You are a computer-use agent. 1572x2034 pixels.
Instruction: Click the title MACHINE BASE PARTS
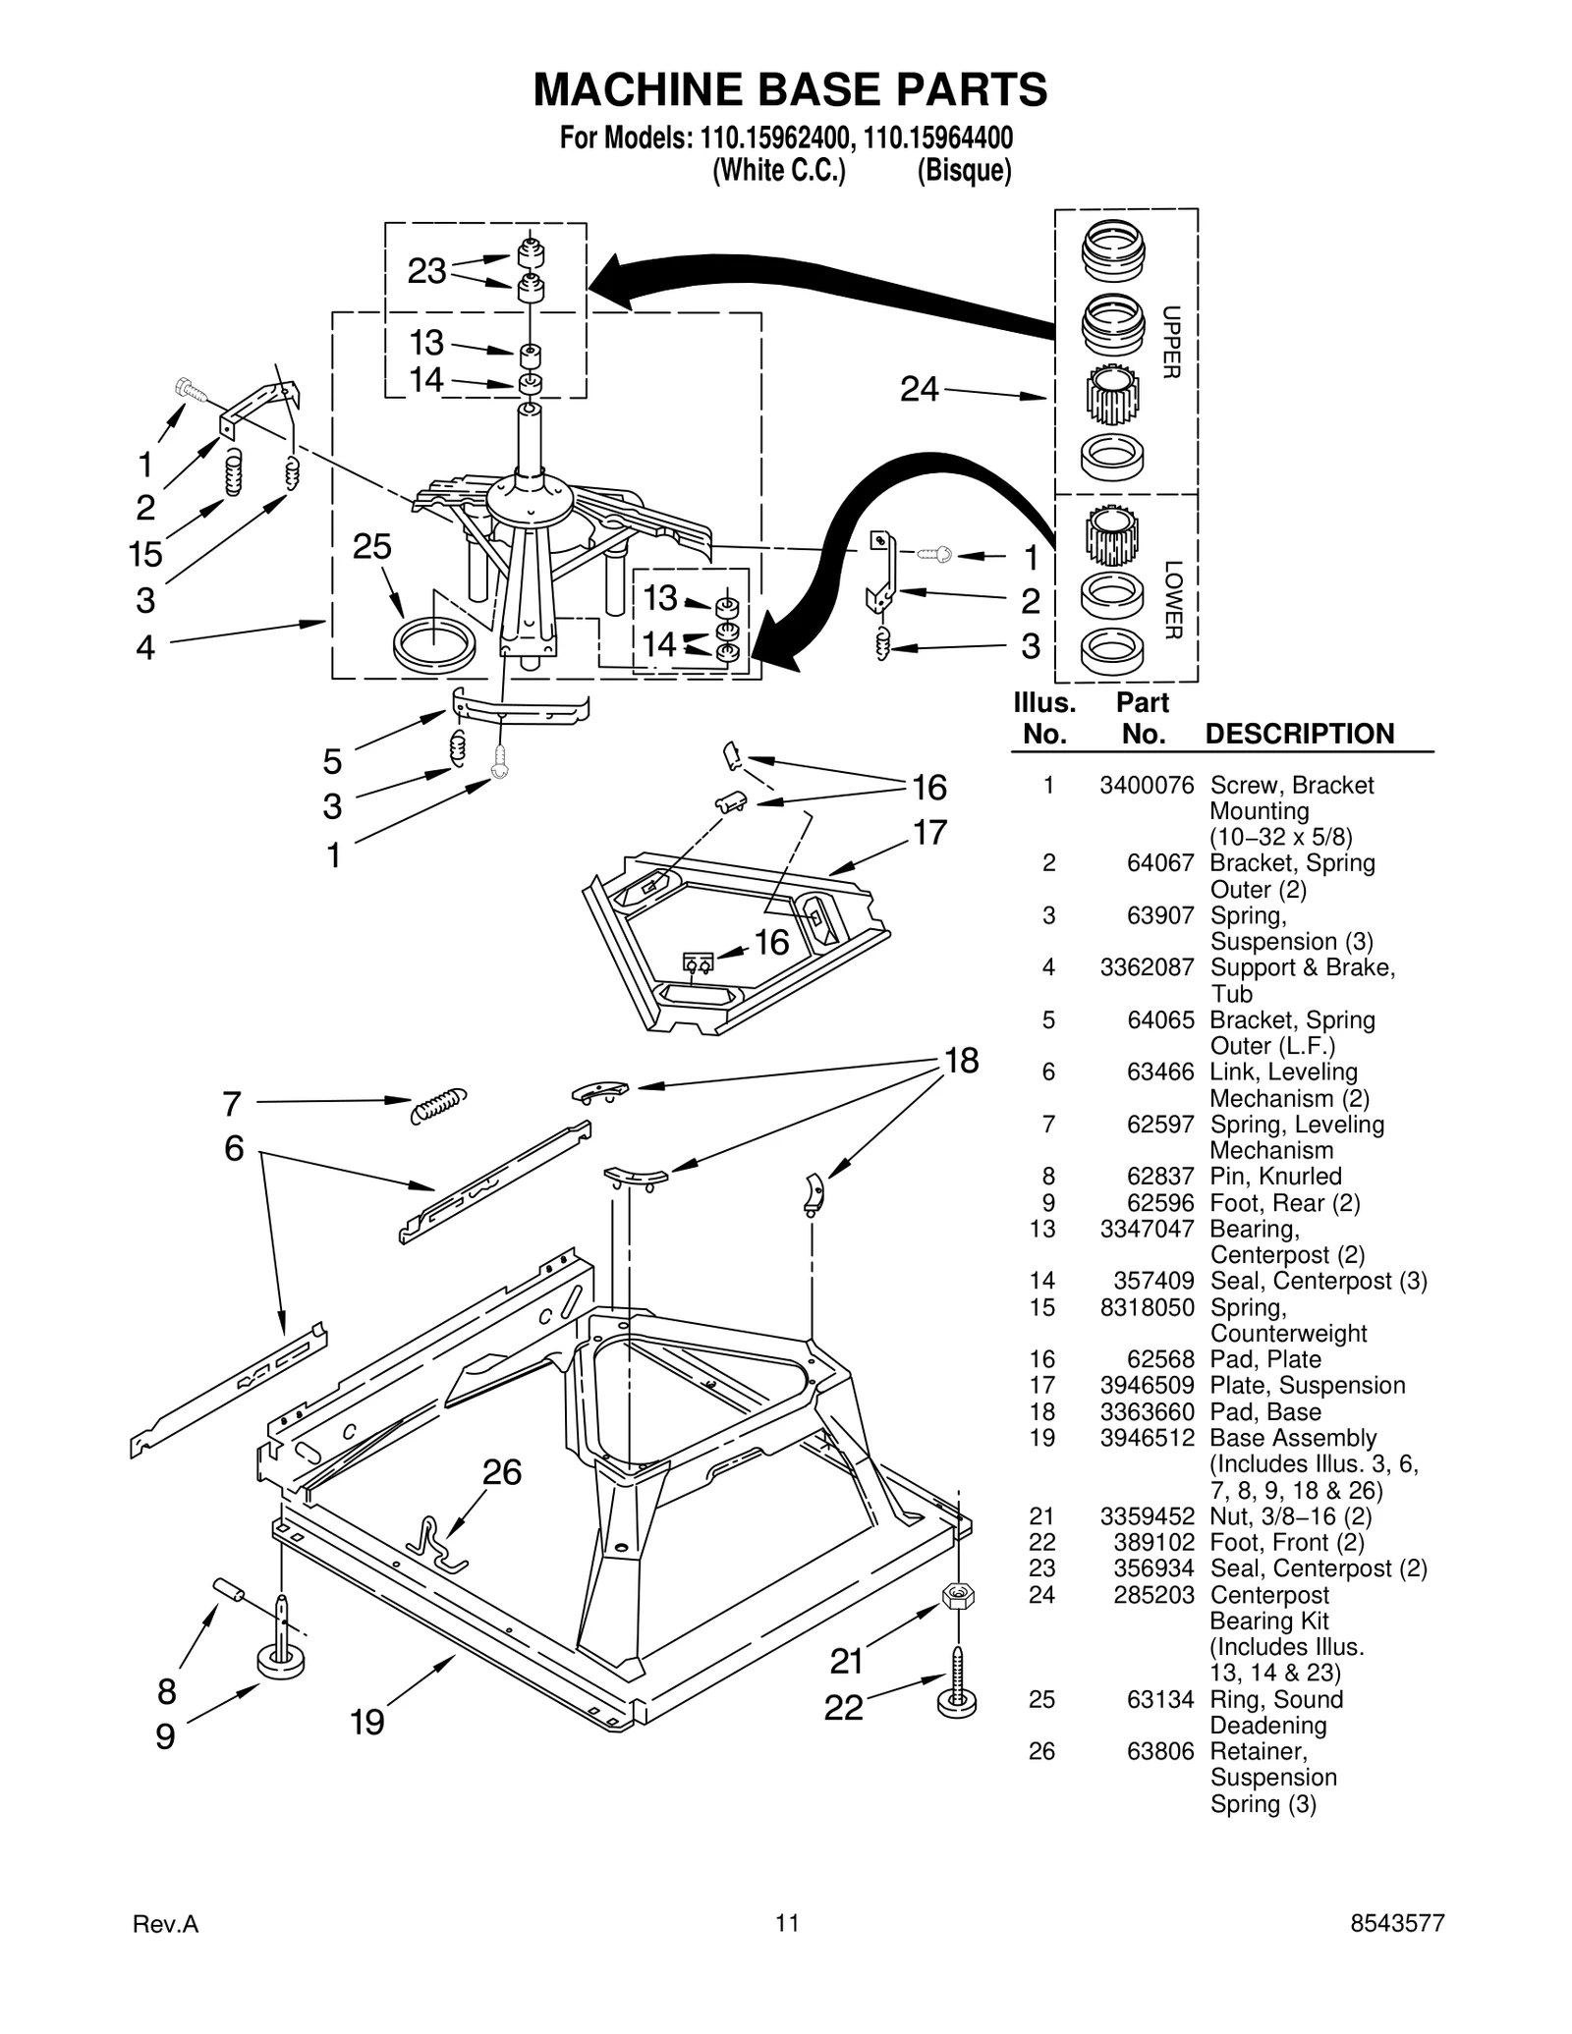(789, 89)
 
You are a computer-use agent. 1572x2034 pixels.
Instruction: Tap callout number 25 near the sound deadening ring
(371, 547)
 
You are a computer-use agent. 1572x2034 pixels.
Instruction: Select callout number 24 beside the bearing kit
(920, 390)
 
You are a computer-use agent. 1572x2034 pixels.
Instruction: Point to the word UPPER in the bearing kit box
(1171, 342)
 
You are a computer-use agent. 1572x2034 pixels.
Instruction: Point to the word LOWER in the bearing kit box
(1171, 599)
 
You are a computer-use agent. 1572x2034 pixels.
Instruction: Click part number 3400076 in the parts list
(1146, 785)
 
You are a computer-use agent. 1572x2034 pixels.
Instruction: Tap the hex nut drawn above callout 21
(957, 1596)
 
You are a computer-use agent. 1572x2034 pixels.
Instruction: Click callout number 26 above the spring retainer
(501, 1472)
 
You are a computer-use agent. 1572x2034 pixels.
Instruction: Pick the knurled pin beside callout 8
(228, 1588)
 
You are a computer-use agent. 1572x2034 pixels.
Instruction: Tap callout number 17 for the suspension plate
(929, 832)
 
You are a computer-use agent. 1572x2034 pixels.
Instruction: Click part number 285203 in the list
(1153, 1595)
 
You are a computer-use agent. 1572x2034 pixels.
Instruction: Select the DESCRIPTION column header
(1299, 734)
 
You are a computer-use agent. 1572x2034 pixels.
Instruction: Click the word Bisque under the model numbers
(964, 171)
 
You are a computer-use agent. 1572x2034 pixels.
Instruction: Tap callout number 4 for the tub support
(145, 647)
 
